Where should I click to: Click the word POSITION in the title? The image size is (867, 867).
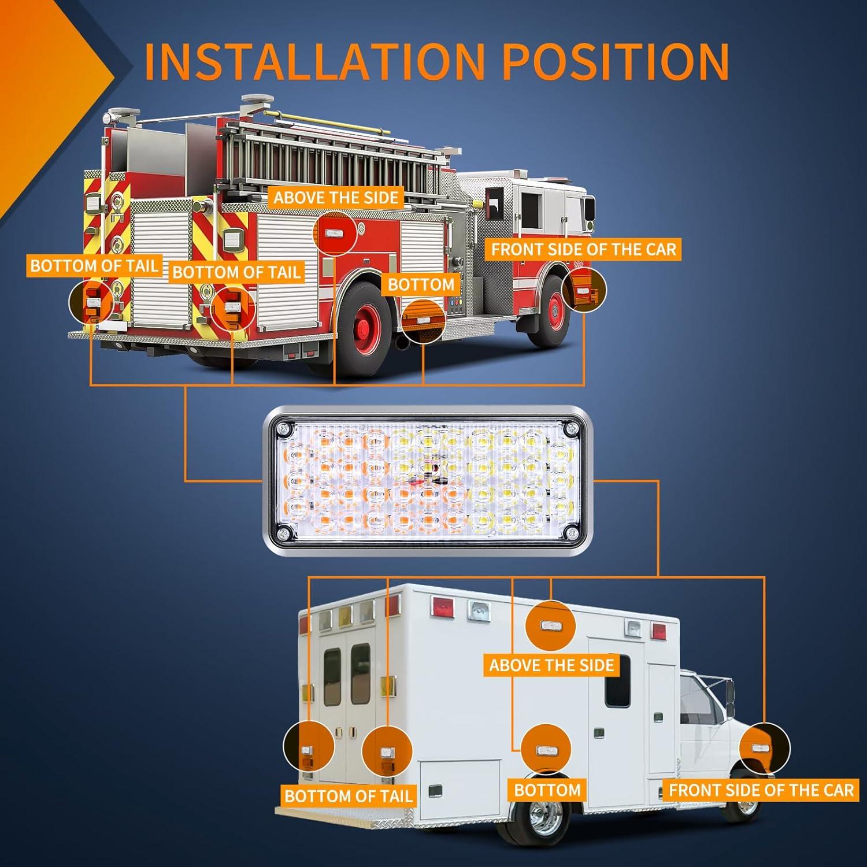click(616, 61)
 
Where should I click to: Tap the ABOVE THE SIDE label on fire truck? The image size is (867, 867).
click(336, 198)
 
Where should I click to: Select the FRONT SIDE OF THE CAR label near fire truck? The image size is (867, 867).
click(584, 250)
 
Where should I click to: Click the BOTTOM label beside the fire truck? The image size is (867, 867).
click(421, 284)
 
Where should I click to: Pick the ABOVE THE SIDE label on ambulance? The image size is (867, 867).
click(551, 665)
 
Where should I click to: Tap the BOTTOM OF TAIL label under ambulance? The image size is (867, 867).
click(349, 796)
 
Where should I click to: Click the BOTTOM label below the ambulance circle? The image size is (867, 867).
click(547, 790)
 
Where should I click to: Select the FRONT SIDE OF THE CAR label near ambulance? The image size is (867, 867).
click(761, 790)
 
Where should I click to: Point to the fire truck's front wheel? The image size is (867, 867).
click(553, 312)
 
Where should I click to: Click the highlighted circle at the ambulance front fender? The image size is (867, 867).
click(764, 748)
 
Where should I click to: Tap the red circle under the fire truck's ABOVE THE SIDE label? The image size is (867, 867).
click(335, 234)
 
